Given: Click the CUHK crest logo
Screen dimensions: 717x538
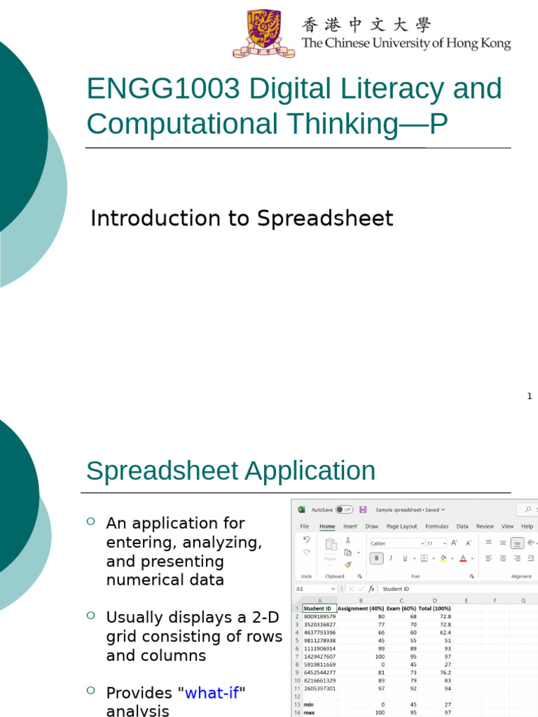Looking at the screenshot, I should [x=258, y=33].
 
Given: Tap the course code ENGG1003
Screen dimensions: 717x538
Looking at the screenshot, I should [x=163, y=89].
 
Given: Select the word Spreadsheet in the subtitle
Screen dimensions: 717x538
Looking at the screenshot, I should [x=325, y=218].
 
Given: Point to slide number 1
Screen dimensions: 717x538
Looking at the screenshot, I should [x=530, y=396].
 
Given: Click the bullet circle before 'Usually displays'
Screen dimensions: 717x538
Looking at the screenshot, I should [x=91, y=615].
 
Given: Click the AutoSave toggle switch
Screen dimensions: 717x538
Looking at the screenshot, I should [x=344, y=510].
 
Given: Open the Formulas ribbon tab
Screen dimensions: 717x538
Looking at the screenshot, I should [x=436, y=526].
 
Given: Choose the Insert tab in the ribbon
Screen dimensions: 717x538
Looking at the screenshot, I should [x=350, y=526].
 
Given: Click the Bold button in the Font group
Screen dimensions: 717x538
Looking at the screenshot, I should [x=377, y=558].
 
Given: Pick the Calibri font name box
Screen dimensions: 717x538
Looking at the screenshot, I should [x=396, y=543].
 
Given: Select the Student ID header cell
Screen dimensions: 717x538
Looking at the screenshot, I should [x=319, y=608].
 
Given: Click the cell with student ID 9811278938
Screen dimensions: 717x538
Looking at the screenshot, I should [x=319, y=640].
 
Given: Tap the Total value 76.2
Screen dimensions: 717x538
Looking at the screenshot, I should [x=443, y=672].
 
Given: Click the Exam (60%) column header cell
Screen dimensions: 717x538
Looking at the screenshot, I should [x=401, y=608].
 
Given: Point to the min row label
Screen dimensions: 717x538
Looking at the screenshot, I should [x=309, y=704].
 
